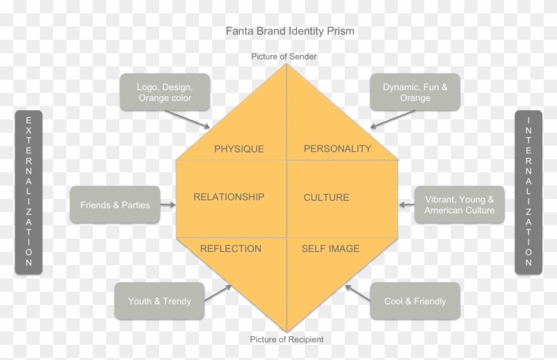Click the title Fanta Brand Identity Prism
pos(290,31)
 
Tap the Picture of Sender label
pos(284,56)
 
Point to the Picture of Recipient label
pos(286,339)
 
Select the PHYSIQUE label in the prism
pos(239,149)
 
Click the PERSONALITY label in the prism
pos(338,149)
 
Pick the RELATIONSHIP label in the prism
pos(229,197)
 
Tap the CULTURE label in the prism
pos(326,198)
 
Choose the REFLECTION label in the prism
pos(231,249)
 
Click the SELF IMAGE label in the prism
pos(330,249)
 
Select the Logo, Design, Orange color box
pos(164,92)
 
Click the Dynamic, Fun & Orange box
pos(415,92)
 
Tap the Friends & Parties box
pos(115,205)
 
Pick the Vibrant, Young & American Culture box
pos(460,205)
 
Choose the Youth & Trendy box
pos(159,301)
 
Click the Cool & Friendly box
pos(415,301)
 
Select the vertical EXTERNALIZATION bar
pos(29,192)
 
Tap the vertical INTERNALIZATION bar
pos(528,192)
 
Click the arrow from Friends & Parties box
pos(168,205)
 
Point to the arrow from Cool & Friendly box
pos(358,294)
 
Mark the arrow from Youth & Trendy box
pos(218,293)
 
